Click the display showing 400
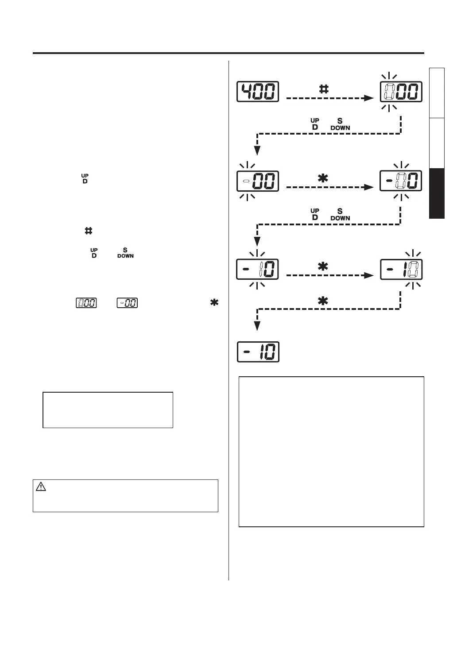click(258, 92)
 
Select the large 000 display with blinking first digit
click(401, 92)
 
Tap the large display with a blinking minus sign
click(258, 181)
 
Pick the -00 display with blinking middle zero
click(401, 181)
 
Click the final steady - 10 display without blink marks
click(258, 352)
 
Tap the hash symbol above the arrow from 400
click(324, 89)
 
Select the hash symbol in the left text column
click(88, 231)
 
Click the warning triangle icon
click(41, 487)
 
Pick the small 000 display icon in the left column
click(86, 303)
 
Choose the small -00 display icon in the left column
click(127, 303)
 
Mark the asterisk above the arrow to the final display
click(323, 301)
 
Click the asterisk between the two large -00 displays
click(323, 178)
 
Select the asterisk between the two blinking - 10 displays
click(323, 266)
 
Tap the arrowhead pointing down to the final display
click(257, 326)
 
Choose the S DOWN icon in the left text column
click(125, 253)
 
